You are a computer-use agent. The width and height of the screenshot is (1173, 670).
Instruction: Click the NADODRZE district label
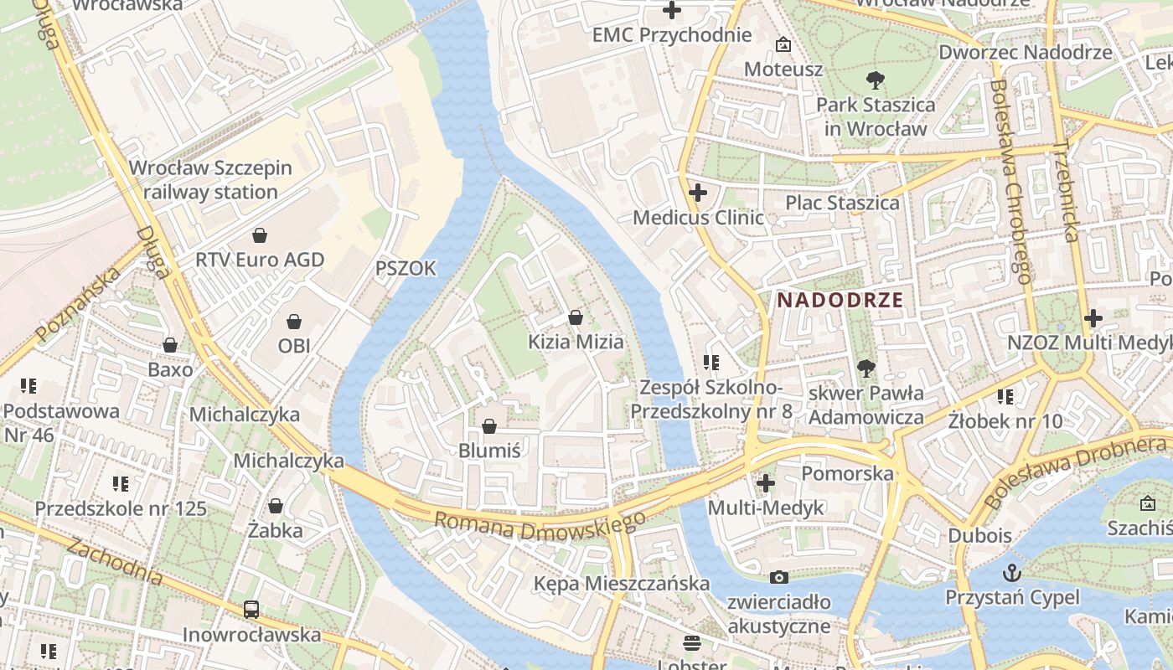[x=840, y=300]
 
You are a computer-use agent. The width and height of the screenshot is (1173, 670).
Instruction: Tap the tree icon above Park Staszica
[x=876, y=81]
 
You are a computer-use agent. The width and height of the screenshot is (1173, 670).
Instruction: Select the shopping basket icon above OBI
[x=294, y=322]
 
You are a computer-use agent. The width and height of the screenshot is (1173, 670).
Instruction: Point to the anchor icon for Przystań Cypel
[x=1012, y=574]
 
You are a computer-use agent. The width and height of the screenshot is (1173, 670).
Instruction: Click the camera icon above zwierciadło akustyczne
[x=778, y=577]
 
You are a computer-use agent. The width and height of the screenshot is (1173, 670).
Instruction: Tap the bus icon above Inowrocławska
[x=251, y=610]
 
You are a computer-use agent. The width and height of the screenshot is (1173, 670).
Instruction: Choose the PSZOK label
[x=406, y=268]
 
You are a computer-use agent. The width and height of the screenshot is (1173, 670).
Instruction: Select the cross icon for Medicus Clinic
[x=697, y=193]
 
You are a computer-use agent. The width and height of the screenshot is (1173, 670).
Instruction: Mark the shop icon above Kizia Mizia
[x=576, y=317]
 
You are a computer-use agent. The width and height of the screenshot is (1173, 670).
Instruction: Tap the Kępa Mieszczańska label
[x=622, y=583]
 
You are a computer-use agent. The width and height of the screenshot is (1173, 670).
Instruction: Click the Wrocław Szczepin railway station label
[x=210, y=179]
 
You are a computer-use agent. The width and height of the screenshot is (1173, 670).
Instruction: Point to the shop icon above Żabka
[x=275, y=506]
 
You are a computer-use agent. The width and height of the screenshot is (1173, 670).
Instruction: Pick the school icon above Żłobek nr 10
[x=1005, y=396]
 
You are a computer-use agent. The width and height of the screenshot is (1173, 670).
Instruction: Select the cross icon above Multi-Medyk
[x=765, y=483]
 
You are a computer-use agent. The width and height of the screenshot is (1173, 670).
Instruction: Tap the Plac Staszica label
[x=842, y=203]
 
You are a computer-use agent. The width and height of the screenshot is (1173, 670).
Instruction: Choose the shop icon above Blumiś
[x=489, y=426]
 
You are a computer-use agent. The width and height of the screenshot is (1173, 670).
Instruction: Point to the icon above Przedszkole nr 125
[x=121, y=484]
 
